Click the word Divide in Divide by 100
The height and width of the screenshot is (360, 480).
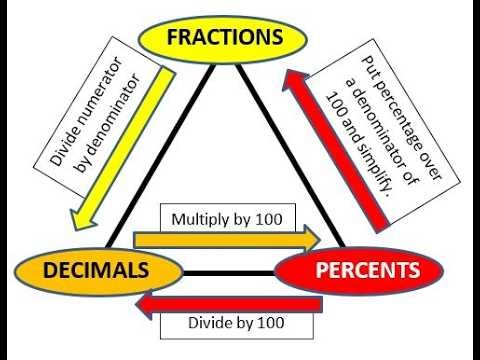pyautogui.click(x=209, y=323)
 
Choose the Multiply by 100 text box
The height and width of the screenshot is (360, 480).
pyautogui.click(x=232, y=218)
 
